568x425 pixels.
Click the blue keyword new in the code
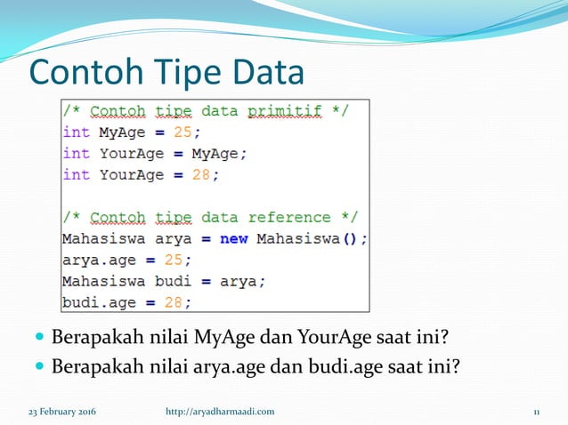pyautogui.click(x=235, y=238)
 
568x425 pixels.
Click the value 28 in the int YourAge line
pyautogui.click(x=202, y=174)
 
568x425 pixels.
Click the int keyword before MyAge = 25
pyautogui.click(x=76, y=132)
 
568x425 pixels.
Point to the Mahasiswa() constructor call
pyautogui.click(x=311, y=238)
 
